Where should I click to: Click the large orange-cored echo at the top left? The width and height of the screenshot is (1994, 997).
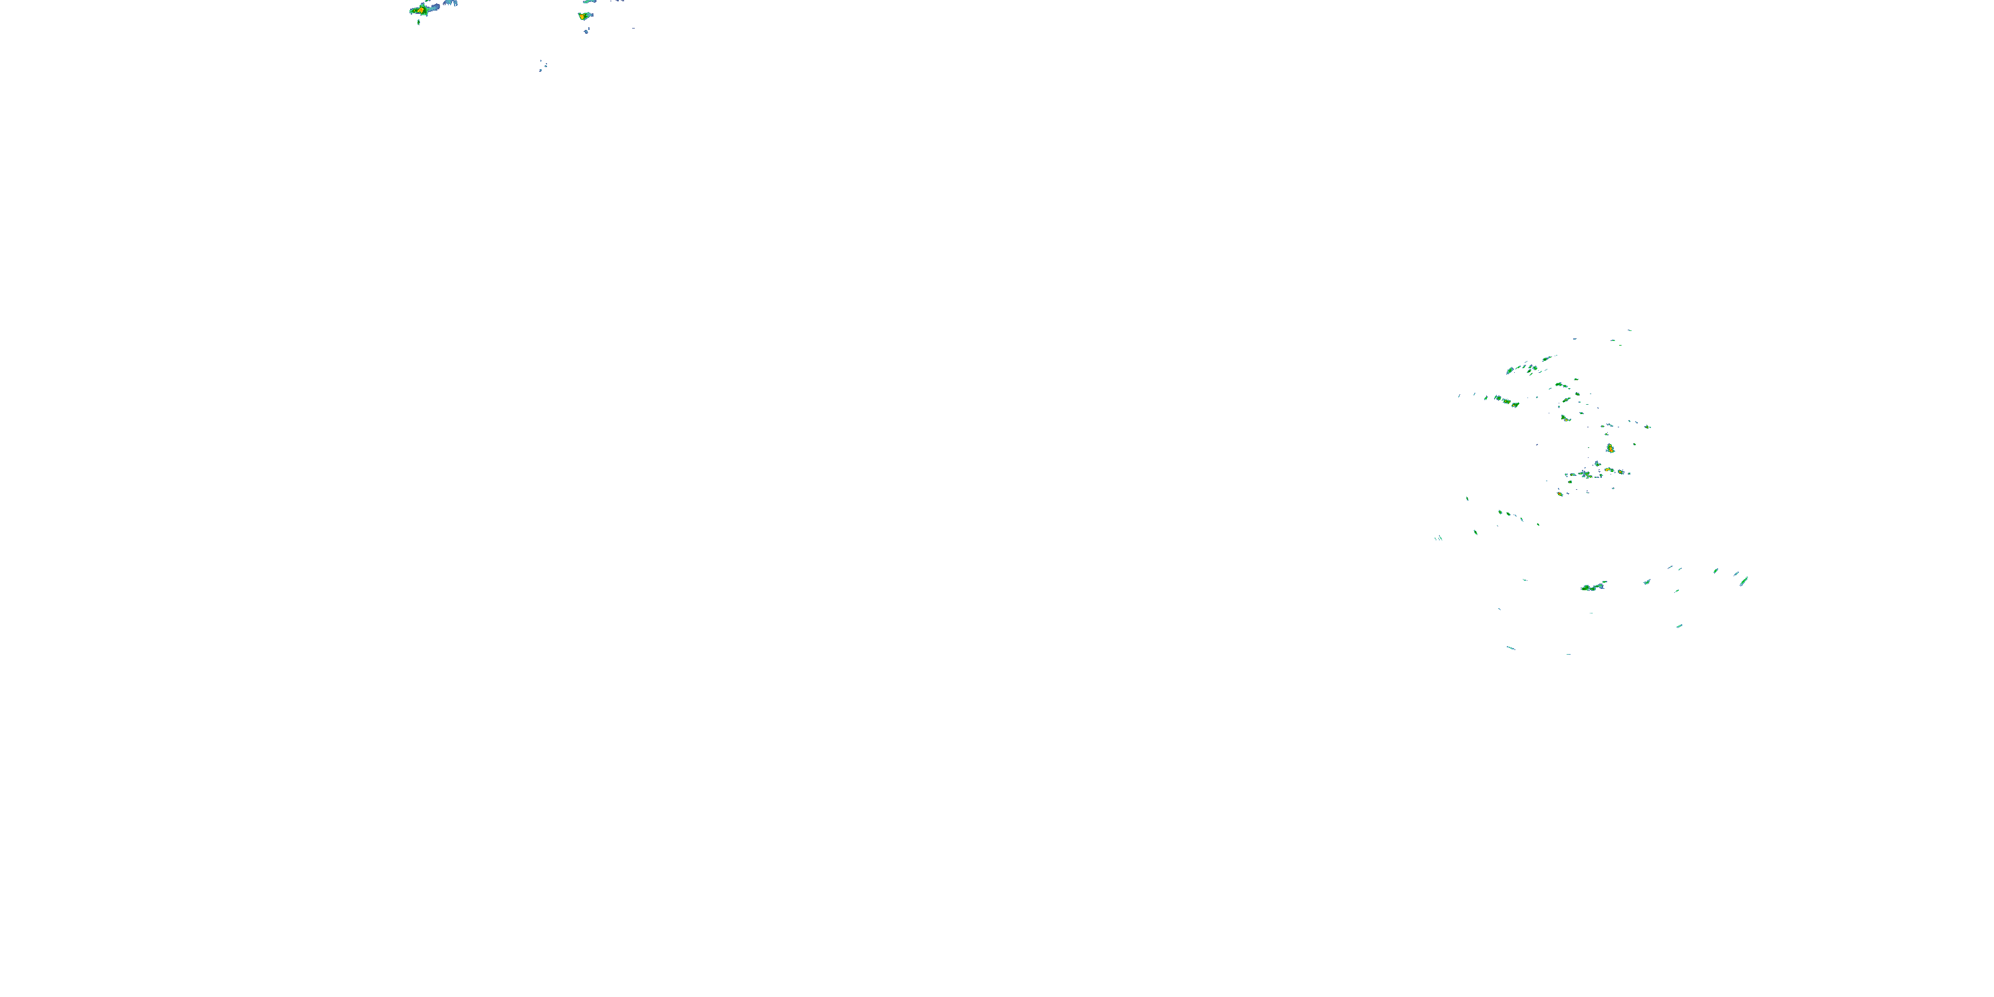click(420, 10)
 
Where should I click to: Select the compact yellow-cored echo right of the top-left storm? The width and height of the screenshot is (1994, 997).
click(583, 15)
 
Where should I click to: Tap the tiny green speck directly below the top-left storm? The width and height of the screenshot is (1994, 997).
click(419, 23)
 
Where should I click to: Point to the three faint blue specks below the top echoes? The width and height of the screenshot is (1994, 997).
click(542, 66)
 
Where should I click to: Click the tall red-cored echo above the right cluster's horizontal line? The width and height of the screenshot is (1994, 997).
click(1610, 448)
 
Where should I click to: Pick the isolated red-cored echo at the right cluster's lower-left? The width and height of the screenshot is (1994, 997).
click(1560, 493)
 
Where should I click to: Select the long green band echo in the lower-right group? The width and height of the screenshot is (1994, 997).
click(1593, 587)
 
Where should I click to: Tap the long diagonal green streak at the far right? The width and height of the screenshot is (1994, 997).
click(1744, 580)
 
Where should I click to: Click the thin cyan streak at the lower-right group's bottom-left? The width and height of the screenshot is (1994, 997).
click(1510, 648)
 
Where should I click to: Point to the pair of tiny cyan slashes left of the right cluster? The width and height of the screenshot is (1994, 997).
click(1438, 538)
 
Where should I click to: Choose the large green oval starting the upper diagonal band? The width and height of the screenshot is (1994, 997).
click(1509, 370)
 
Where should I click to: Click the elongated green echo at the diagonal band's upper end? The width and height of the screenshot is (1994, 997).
click(1547, 358)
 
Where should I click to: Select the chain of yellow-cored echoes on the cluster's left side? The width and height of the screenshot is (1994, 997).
click(1506, 401)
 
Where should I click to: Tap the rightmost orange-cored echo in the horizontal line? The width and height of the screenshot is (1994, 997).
click(1618, 471)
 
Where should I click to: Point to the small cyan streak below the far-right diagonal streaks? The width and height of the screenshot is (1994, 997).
click(1679, 625)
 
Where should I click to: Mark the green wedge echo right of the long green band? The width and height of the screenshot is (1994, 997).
click(1646, 582)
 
